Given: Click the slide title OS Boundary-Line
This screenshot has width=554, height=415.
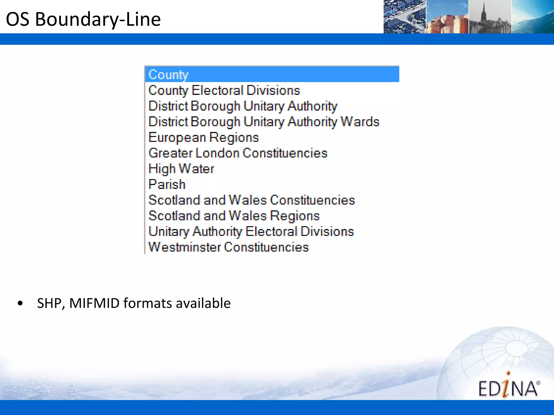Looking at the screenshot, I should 83,19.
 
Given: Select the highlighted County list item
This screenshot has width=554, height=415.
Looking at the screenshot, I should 168,75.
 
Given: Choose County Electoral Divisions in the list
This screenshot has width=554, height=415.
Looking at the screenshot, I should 224,90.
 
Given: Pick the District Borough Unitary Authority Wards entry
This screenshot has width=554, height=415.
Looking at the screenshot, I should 264,122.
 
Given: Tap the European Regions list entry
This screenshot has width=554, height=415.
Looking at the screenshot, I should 203,137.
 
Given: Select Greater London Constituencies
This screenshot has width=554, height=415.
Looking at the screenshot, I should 238,153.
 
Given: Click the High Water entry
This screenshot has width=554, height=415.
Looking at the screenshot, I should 181,169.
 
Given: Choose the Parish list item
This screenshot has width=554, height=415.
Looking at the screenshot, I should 167,184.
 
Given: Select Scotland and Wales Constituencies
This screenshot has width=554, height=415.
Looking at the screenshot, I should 252,200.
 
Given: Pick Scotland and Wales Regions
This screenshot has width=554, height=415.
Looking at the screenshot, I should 234,216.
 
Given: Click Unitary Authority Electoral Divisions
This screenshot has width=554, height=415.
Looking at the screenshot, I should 251,231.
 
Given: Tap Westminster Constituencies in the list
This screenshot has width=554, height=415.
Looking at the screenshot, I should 229,247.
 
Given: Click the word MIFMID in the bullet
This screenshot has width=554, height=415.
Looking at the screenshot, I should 94,303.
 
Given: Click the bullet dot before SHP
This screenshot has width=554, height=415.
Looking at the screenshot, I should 20,303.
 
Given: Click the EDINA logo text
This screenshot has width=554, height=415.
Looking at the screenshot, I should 508,388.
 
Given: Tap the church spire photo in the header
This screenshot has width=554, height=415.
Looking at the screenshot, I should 490,17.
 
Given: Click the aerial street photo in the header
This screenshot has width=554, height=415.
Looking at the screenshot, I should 405,17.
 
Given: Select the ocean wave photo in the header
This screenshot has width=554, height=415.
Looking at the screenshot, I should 533,17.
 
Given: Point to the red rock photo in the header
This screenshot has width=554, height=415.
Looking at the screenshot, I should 447,17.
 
